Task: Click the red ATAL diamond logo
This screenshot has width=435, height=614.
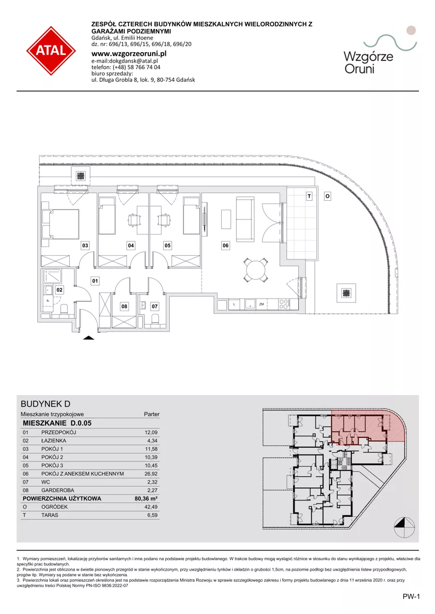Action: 51,50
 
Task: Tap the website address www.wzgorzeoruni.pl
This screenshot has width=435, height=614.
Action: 129,54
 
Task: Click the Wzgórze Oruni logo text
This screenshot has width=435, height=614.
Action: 369,63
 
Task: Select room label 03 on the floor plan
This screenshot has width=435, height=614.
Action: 85,245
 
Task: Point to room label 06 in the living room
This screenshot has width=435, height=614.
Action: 226,245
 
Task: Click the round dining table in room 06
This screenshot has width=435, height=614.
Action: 255,269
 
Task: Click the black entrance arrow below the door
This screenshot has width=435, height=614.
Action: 88,337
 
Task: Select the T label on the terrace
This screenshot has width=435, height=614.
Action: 309,196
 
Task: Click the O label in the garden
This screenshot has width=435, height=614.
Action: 327,196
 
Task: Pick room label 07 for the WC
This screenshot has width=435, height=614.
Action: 155,306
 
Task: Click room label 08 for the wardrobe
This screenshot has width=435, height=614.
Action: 124,306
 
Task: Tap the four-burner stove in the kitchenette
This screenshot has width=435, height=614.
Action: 284,304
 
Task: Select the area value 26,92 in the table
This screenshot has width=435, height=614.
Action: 151,474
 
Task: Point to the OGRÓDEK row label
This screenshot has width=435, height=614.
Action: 54,506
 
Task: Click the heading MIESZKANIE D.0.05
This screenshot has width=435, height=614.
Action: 57,423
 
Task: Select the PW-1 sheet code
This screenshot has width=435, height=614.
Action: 411,596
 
